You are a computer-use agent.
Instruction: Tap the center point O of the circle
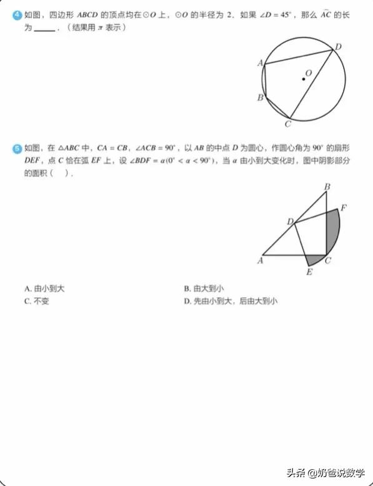tap(304, 79)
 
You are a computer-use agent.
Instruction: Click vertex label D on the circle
tap(338, 47)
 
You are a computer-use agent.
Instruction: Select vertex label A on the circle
tap(260, 63)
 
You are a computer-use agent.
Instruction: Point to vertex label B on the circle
tap(260, 98)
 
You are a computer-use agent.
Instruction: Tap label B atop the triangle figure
tap(327, 186)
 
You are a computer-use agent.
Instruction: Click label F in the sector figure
tap(344, 207)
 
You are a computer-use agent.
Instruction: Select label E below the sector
tap(309, 271)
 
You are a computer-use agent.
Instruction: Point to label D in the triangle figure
tap(290, 221)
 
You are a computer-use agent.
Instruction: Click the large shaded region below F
tap(333, 232)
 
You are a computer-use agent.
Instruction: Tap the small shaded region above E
tap(314, 259)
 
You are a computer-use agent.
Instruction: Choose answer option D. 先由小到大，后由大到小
tap(231, 301)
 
